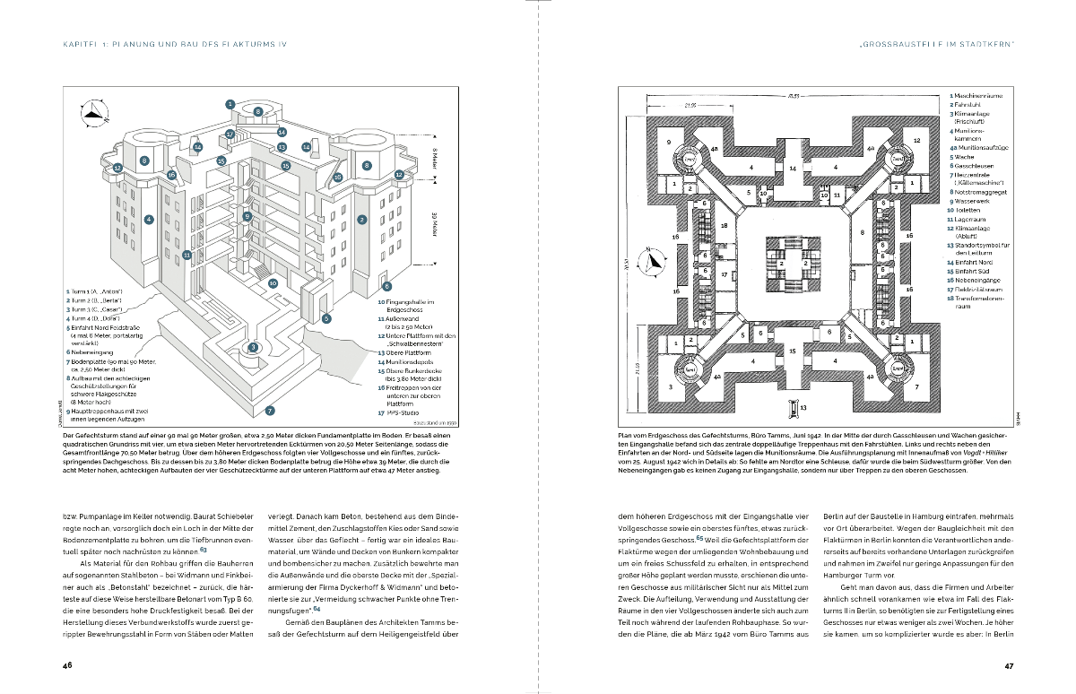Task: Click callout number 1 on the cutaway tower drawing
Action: pos(230,104)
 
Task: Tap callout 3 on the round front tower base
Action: pos(254,347)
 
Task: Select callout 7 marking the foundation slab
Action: pos(269,411)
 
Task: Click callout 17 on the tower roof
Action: pos(230,134)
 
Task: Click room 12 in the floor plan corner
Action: pos(916,141)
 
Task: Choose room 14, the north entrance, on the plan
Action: pos(793,168)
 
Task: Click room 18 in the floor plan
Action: pos(724,227)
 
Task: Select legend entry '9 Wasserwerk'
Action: pos(971,202)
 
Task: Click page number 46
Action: pos(67,665)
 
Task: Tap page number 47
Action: pos(1008,665)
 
